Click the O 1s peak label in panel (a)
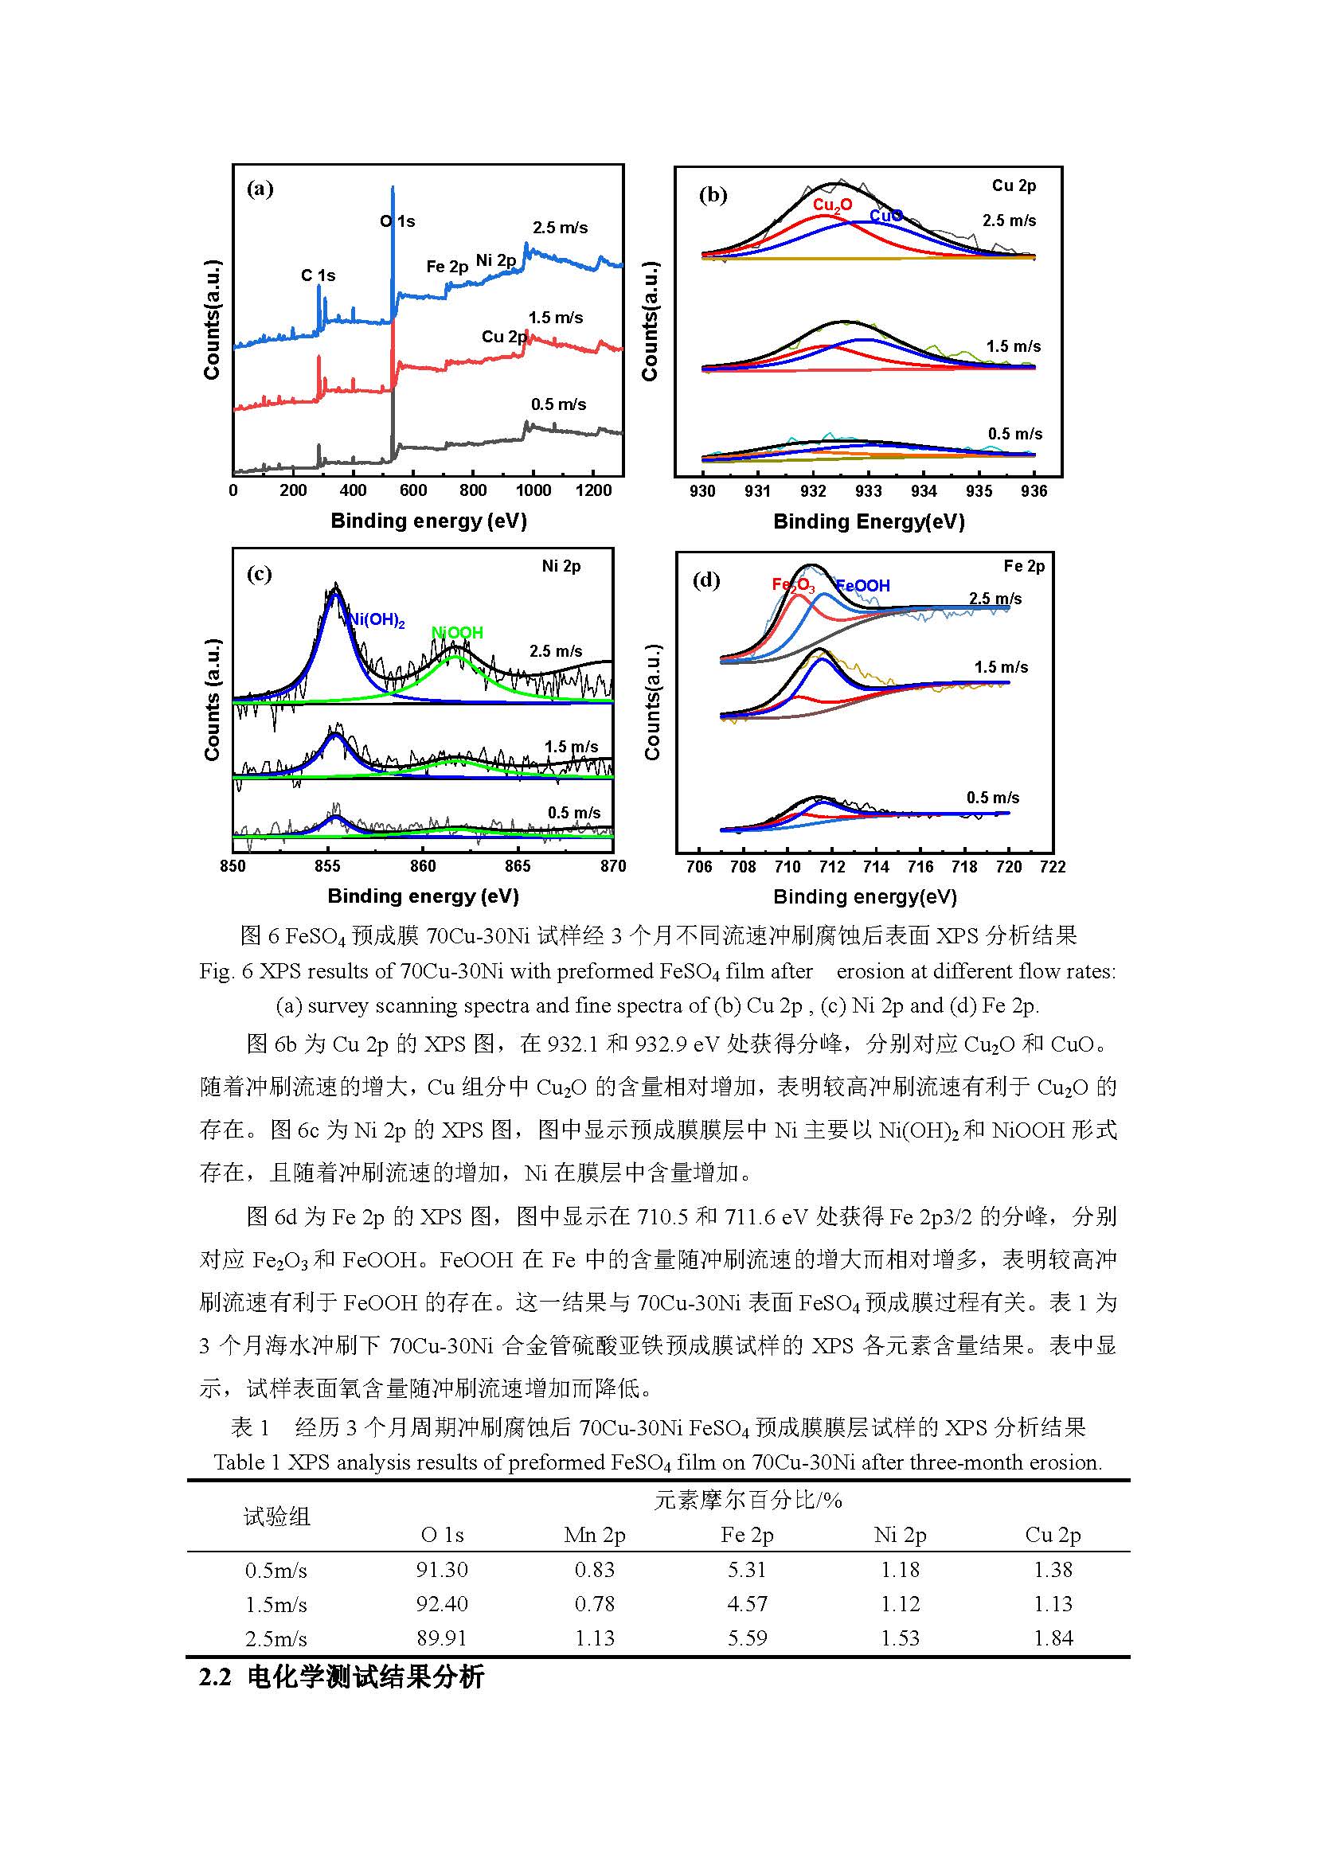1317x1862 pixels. (x=397, y=221)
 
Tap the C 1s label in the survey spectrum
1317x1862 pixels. (x=318, y=275)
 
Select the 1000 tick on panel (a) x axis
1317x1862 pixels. (x=533, y=490)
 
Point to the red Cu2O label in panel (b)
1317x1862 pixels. (x=832, y=205)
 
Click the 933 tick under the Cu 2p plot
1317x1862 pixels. (x=869, y=491)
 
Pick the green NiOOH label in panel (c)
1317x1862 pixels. (x=457, y=633)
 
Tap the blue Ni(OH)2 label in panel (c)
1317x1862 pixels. (x=377, y=620)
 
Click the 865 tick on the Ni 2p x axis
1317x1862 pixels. (x=518, y=866)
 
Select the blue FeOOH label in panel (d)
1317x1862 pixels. (x=863, y=586)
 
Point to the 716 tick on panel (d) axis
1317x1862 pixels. (x=920, y=867)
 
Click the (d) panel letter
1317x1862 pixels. (x=706, y=580)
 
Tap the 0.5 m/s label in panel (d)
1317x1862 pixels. (x=993, y=798)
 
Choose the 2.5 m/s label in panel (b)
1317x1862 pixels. (x=1009, y=221)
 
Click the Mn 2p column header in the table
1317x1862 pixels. (x=595, y=1535)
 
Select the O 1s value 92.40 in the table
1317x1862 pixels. (x=442, y=1603)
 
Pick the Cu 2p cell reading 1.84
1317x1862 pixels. (x=1053, y=1638)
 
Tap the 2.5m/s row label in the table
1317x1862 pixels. (x=276, y=1638)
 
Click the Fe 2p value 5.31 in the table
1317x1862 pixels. (x=747, y=1569)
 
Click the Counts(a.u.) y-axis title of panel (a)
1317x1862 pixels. (x=213, y=319)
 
